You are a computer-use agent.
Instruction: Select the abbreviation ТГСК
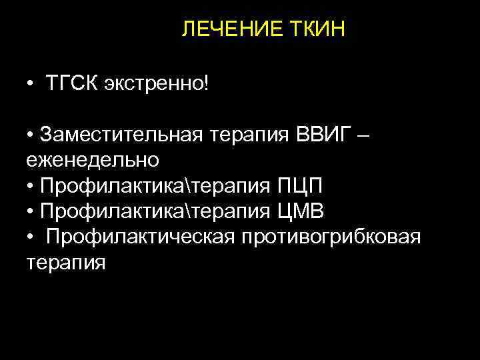click(73, 85)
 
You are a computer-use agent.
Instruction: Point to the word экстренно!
click(156, 85)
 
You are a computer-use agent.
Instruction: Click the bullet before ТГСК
click(31, 86)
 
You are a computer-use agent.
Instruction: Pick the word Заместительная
click(121, 135)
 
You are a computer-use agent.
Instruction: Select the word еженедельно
click(93, 160)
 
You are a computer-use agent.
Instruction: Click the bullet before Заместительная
click(31, 136)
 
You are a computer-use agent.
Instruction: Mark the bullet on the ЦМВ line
click(31, 212)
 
